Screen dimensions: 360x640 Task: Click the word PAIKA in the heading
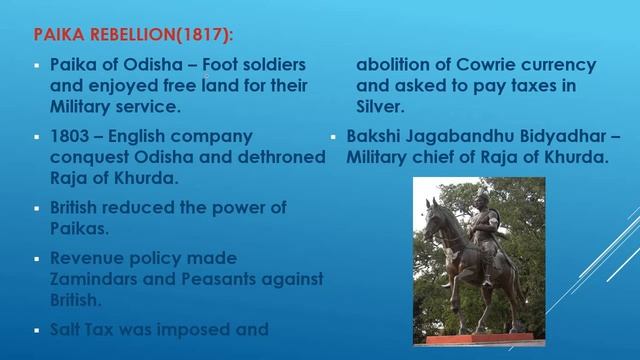56,37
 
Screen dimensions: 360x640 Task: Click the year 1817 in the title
205,37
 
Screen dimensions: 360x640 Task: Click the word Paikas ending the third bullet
79,229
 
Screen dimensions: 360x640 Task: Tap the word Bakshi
377,135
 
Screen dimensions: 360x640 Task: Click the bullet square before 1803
37,136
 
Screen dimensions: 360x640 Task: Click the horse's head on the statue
433,213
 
